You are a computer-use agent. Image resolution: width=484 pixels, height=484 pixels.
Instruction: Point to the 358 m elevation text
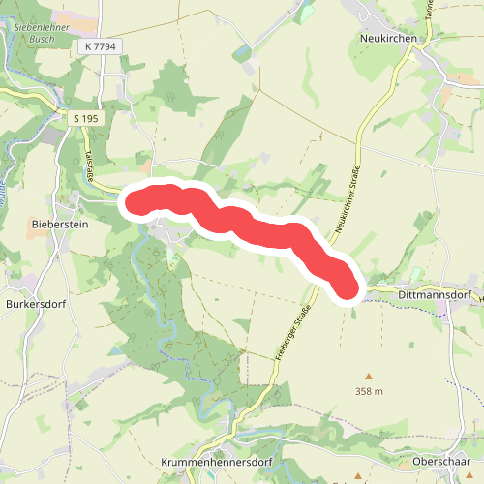pos(370,391)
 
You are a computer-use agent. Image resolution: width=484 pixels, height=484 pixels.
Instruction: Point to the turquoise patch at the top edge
pos(307,12)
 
